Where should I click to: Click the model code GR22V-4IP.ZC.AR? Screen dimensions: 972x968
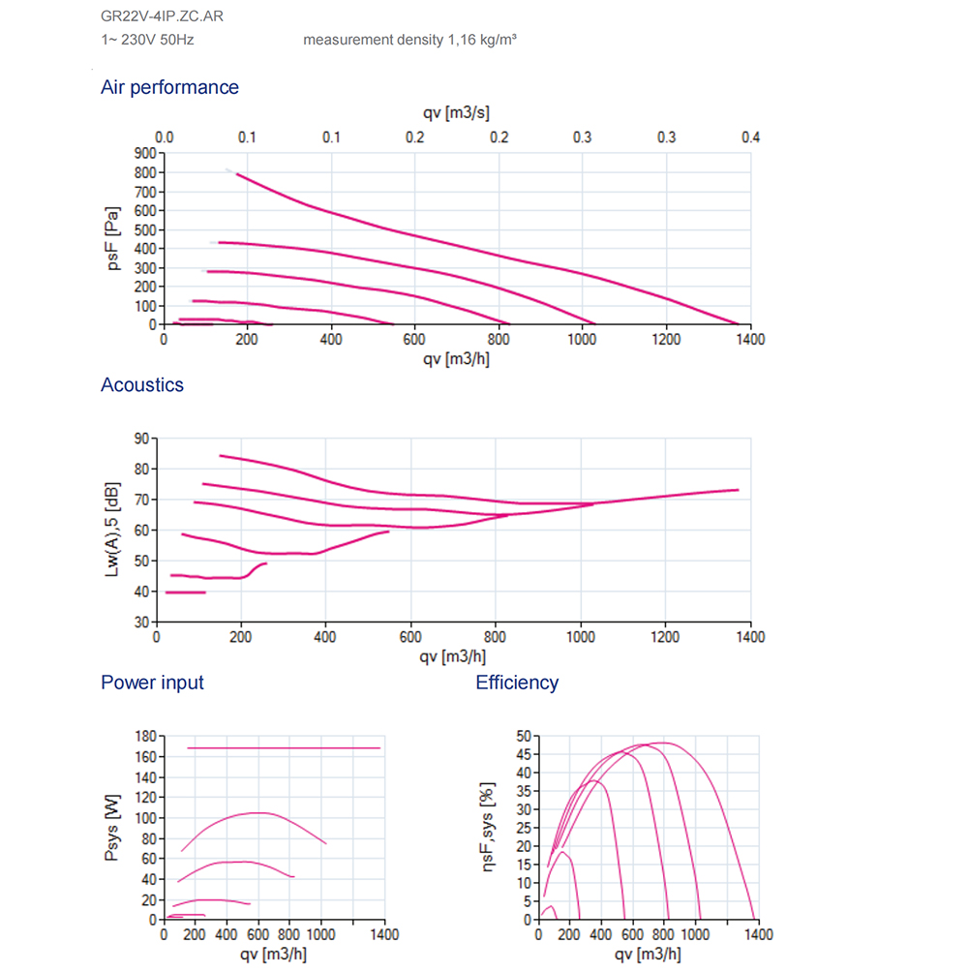pos(152,16)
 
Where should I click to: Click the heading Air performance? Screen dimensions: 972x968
pos(169,87)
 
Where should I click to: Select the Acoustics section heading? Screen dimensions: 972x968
pos(141,384)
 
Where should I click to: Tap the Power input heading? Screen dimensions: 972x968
pos(152,683)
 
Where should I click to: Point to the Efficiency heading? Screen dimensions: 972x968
pos(517,683)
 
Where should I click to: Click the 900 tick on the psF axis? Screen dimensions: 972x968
pos(146,153)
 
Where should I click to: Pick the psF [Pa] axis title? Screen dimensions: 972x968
pos(114,237)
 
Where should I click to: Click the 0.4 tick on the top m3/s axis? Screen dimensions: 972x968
pos(750,137)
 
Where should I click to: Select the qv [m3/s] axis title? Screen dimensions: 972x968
pos(454,114)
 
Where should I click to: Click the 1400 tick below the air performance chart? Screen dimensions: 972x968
pos(749,340)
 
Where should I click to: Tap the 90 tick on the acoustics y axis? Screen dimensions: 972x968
pos(141,439)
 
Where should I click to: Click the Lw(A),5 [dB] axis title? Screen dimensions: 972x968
pos(112,530)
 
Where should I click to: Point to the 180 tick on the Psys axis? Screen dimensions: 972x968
pos(144,738)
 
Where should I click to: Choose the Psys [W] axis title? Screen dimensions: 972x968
pos(112,829)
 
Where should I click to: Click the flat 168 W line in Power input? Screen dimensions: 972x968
pos(271,747)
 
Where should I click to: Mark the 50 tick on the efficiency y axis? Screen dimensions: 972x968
pos(523,736)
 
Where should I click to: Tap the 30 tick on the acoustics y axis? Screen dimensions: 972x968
pos(141,622)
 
